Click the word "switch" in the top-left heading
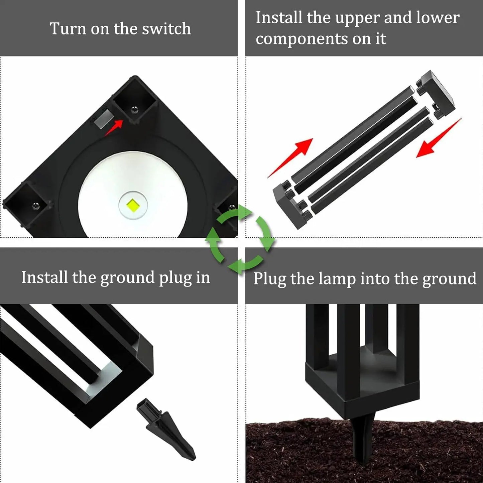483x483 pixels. [166, 29]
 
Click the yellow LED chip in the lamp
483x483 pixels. [133, 205]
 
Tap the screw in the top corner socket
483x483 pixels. [134, 109]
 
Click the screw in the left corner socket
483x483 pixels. [36, 206]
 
